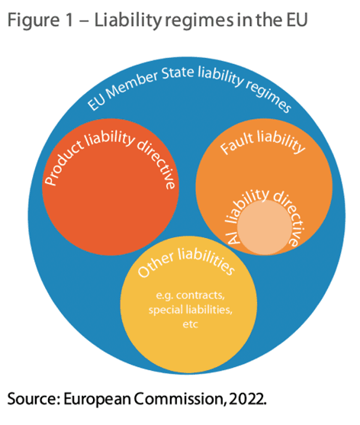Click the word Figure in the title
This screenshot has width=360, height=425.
pos(34,21)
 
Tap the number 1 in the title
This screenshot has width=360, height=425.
pos(69,20)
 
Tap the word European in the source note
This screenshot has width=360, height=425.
pos(98,399)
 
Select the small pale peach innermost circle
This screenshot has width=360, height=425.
pos(264,227)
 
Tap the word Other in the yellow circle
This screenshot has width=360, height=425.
pos(156,264)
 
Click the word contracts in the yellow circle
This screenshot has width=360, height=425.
pos(201,295)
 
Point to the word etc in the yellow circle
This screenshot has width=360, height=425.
pos(190,324)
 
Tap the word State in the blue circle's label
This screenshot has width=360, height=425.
pos(178,73)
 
